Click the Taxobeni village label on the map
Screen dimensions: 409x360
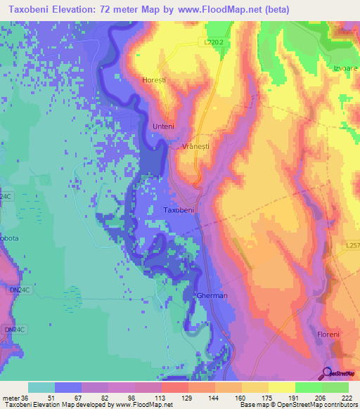coord(178,210)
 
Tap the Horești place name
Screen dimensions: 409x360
coord(153,80)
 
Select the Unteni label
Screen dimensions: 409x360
coord(162,126)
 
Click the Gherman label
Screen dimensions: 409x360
coord(212,296)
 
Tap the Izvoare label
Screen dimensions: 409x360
coord(345,69)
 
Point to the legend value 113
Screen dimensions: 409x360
coord(150,397)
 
